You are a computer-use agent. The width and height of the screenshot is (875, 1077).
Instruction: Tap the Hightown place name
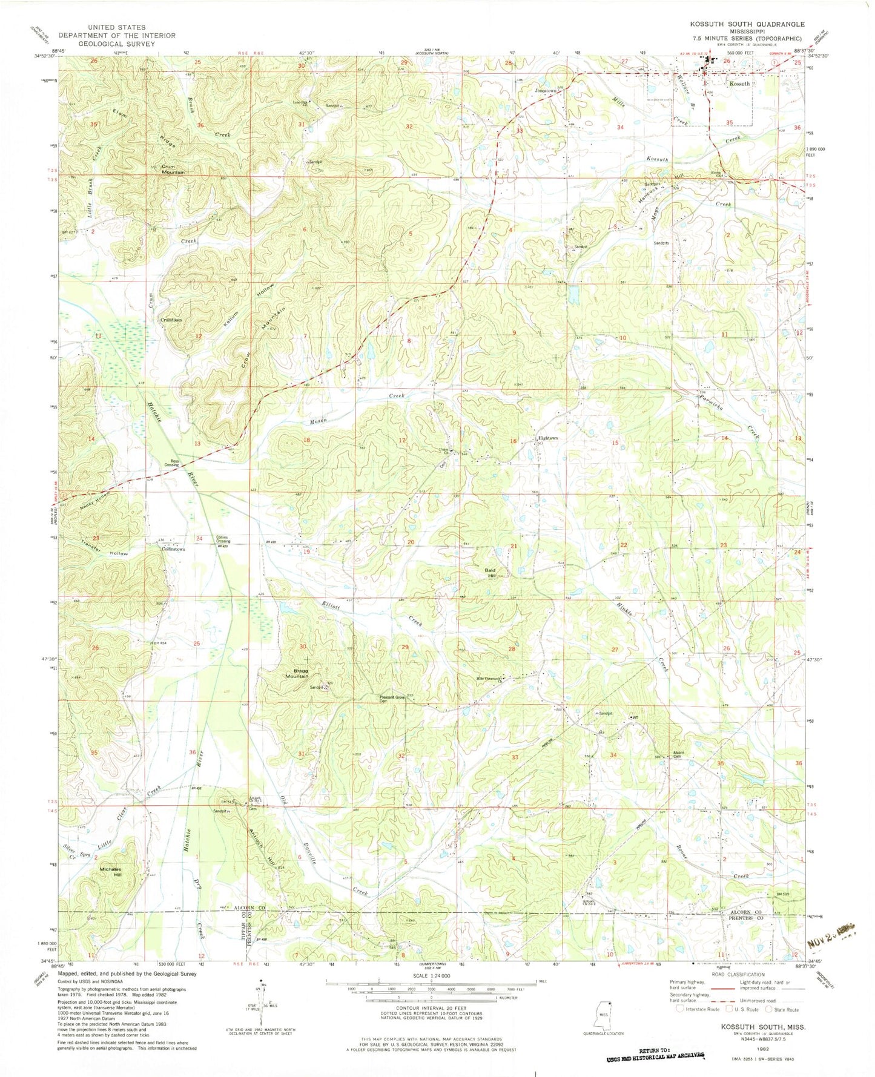(547, 438)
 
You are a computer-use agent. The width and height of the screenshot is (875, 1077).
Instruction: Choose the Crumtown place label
(170, 320)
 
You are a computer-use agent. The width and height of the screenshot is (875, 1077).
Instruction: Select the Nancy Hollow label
(89, 499)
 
